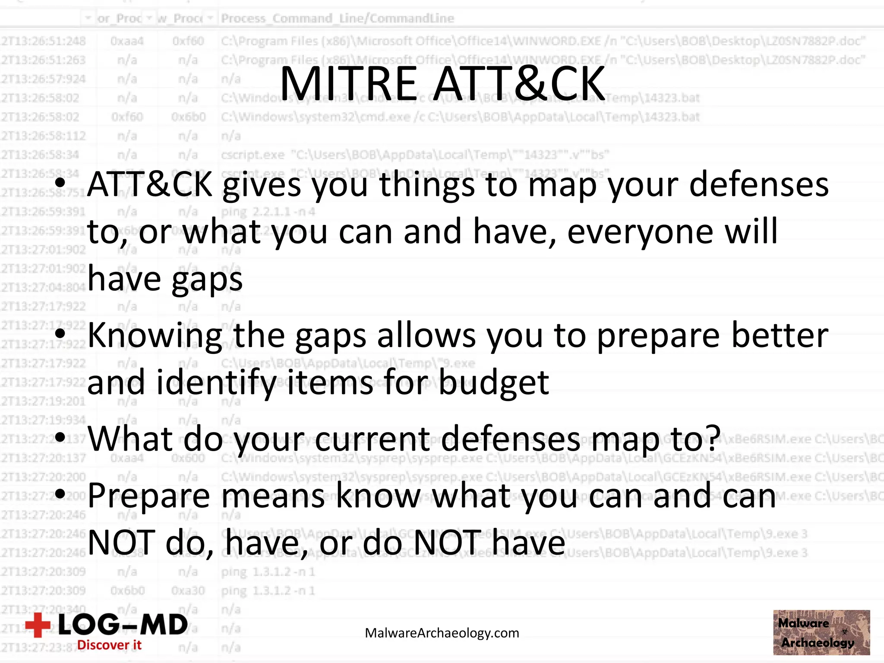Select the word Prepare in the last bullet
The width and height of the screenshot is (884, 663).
(x=149, y=496)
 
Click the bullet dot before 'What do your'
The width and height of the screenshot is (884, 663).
(x=60, y=437)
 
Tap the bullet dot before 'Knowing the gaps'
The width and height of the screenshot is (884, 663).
(x=60, y=334)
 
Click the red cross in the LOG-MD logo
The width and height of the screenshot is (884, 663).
(x=38, y=625)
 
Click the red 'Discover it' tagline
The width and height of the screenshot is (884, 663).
(x=109, y=645)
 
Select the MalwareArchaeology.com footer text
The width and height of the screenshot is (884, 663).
(x=442, y=633)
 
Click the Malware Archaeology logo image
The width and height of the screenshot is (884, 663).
(x=821, y=632)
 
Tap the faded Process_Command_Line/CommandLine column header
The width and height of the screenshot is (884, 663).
(x=337, y=19)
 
